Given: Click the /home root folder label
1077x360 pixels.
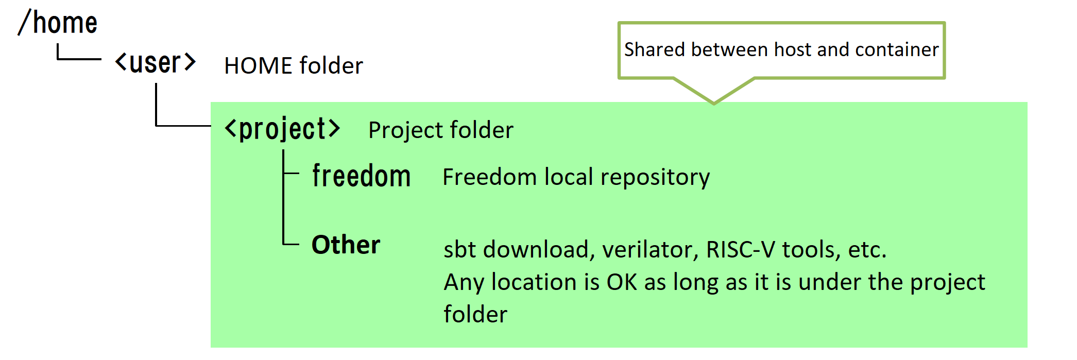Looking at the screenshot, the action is (x=57, y=23).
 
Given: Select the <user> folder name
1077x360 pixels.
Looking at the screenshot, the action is (x=155, y=63).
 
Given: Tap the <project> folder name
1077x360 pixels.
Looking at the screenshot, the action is (x=282, y=129).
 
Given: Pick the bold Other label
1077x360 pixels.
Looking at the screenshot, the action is (x=346, y=245).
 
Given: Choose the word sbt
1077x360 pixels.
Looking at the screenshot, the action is (x=460, y=249).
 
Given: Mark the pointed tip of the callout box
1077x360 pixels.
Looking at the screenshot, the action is (x=714, y=104).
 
